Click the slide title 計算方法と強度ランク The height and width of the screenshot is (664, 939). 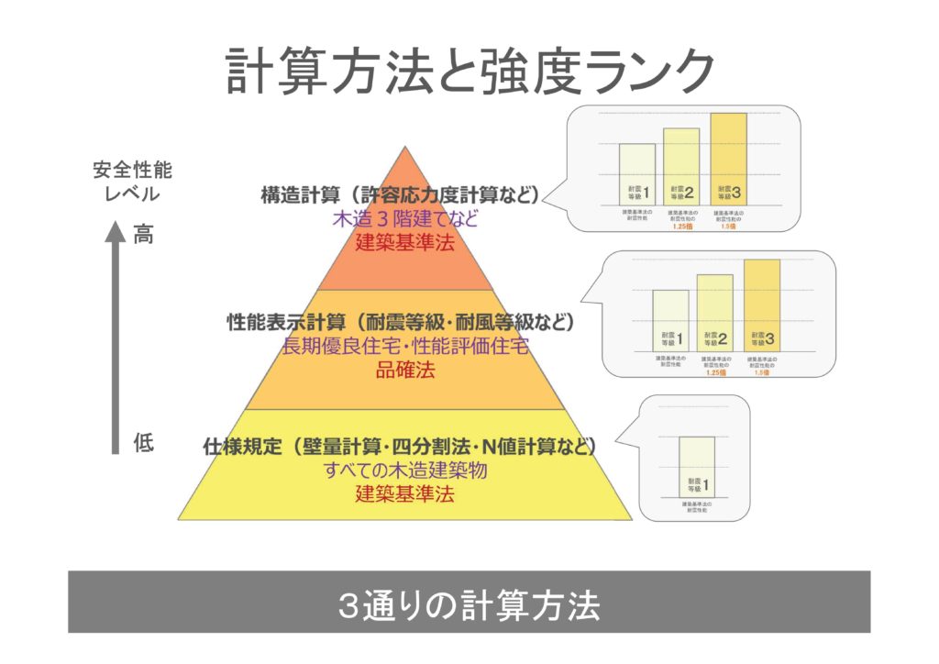click(469, 72)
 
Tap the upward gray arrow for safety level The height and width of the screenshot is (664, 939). click(116, 339)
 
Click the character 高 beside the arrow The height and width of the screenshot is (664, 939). click(144, 235)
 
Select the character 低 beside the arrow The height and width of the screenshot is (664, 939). click(144, 444)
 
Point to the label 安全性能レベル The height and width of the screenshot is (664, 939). click(132, 183)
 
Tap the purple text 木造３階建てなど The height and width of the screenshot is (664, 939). click(405, 220)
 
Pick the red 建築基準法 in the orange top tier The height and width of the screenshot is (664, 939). click(405, 244)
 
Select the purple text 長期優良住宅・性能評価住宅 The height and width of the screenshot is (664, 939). click(405, 347)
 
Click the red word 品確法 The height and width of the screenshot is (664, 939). click(405, 371)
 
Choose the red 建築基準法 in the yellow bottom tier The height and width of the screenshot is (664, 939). click(405, 494)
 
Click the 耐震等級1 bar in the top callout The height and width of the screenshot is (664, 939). click(637, 174)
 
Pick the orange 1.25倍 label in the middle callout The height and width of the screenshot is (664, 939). click(715, 373)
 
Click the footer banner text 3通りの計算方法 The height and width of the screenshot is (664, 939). click(469, 604)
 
